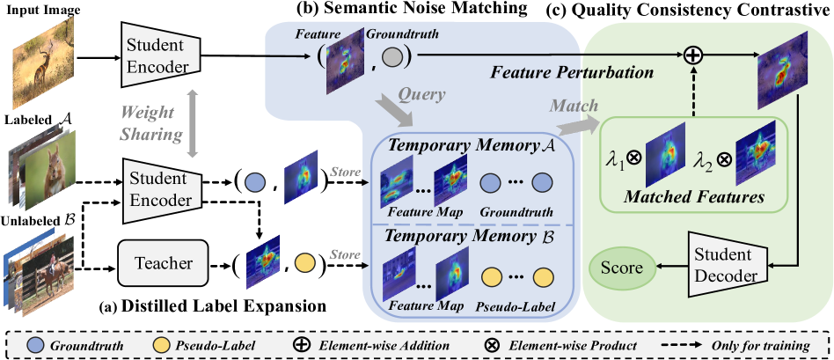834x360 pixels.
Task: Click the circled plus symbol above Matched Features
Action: point(695,55)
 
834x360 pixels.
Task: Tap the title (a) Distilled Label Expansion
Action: point(215,308)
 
